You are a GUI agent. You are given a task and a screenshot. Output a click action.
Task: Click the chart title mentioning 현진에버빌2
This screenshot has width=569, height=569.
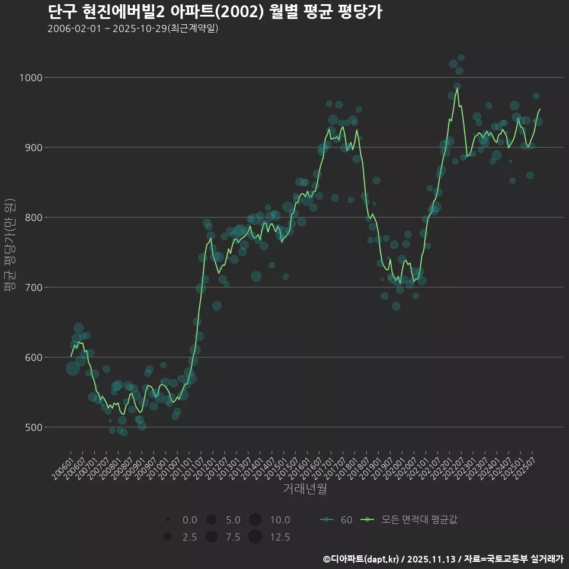click(x=215, y=11)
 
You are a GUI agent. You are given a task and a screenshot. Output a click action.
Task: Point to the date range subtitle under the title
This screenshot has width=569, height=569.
click(x=133, y=28)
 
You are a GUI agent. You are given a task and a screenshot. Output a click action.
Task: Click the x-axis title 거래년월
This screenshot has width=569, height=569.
click(x=305, y=489)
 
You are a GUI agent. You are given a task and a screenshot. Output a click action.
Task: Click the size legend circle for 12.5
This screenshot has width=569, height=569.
click(x=255, y=537)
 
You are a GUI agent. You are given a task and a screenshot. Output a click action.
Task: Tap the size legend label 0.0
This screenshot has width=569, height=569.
click(x=190, y=520)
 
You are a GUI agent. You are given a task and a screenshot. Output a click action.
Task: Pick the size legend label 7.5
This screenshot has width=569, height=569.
click(x=233, y=538)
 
